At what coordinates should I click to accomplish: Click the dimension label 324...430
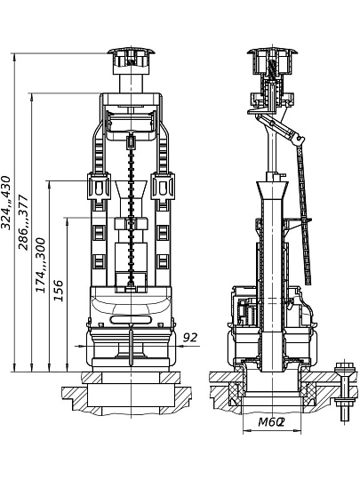tap(6, 203)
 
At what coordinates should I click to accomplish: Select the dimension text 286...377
tap(23, 222)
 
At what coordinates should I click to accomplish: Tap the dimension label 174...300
tap(40, 265)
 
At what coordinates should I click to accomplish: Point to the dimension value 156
tap(58, 290)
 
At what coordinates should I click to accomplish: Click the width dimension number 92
tap(190, 338)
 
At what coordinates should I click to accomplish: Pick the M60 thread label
tap(271, 422)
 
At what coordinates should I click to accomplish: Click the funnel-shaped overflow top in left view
tap(131, 190)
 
